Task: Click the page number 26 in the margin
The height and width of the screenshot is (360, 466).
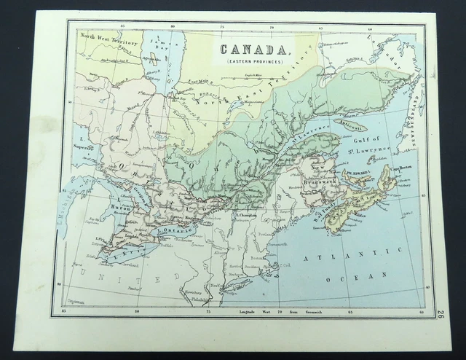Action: click(440, 316)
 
